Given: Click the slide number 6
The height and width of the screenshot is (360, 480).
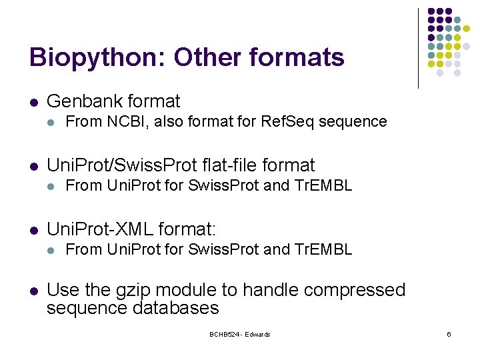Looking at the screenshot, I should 449,334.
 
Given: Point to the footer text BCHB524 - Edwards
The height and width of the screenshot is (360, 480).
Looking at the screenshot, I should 239,334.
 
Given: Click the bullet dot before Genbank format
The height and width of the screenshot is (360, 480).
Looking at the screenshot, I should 33,103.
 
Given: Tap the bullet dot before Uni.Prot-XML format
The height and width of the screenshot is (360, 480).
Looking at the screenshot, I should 33,231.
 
